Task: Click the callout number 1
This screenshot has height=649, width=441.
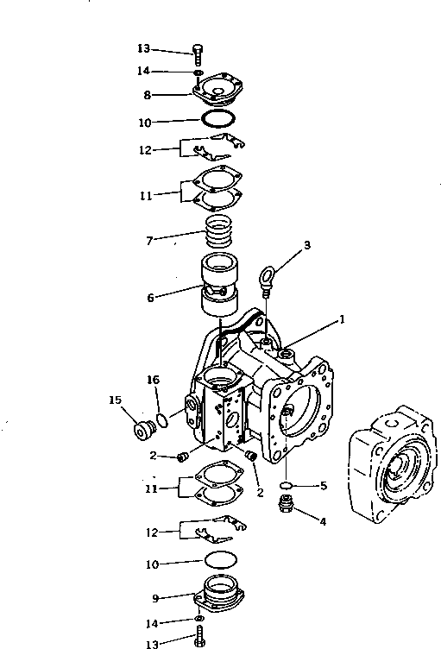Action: (x=343, y=318)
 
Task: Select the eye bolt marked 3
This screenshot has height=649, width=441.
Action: (x=267, y=279)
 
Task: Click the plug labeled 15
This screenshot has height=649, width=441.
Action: (x=140, y=429)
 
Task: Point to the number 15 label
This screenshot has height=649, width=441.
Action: (x=113, y=399)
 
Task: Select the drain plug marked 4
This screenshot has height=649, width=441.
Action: (x=287, y=505)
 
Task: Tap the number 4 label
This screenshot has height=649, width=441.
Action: (x=324, y=521)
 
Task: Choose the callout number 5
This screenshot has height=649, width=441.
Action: (x=324, y=486)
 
